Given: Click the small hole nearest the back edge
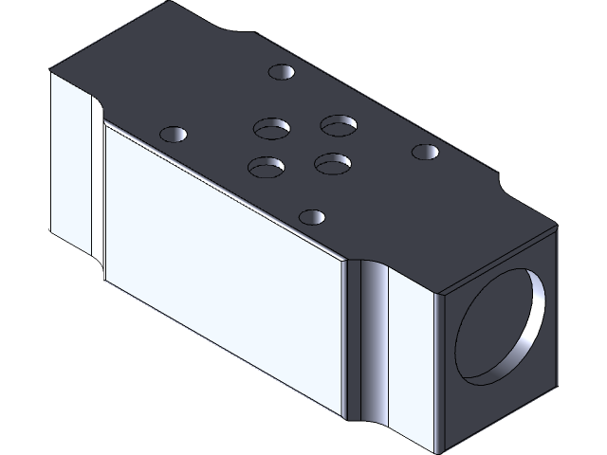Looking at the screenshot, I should pos(282,72).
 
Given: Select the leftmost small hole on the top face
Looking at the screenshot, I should pos(172,134).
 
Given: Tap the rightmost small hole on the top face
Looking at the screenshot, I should pos(424,151).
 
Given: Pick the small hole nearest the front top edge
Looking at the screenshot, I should pos(310,216).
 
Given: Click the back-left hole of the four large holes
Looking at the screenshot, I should pos(271,127).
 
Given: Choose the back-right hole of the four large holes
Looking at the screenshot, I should pos(338,124).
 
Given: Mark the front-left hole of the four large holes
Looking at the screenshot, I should pos(267,167).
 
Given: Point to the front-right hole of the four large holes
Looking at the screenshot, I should pos(333,163).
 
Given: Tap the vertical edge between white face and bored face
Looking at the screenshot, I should pos(435,370).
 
